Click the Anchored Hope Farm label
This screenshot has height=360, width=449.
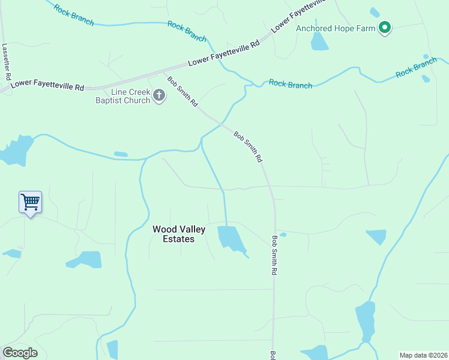(335, 28)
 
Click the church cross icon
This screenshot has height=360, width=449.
(159, 95)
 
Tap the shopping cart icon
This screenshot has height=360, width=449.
(30, 202)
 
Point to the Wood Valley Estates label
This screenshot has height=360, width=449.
(179, 234)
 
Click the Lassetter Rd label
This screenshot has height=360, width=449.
(7, 62)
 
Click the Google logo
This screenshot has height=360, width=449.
(20, 352)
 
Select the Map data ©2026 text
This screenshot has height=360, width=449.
(423, 355)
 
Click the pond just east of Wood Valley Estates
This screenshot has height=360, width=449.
(231, 238)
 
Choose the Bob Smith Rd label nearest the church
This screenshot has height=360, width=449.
(182, 91)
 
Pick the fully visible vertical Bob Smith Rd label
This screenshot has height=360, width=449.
(274, 255)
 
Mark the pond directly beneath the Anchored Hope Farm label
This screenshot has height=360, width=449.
(319, 41)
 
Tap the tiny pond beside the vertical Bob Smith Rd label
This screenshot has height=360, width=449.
(283, 234)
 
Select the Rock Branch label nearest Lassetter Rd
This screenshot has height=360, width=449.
(73, 15)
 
